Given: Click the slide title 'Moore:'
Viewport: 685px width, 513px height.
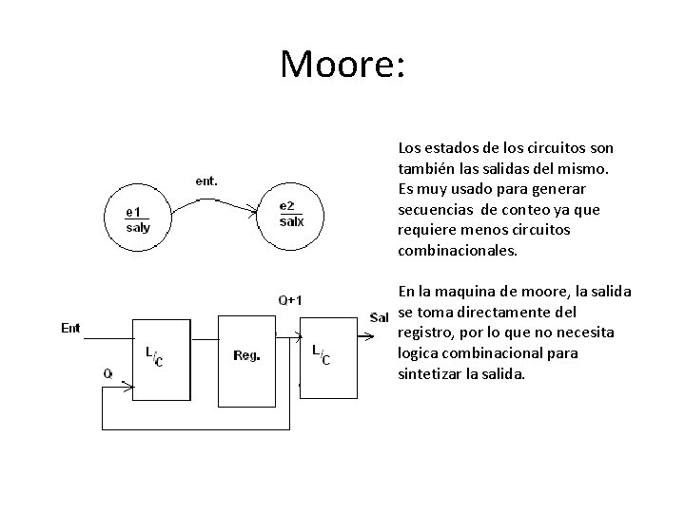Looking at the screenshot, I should pos(342,64).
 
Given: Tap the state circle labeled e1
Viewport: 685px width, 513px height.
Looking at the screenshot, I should pos(139,219).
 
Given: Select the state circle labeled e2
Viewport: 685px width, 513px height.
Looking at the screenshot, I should pos(291,215).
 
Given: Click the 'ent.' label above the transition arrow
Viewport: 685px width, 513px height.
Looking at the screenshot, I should pos(206,180).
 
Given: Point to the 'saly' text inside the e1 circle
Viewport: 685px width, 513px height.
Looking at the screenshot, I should pos(139,228).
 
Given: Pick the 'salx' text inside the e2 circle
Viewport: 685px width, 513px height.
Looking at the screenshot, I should pos(292,222).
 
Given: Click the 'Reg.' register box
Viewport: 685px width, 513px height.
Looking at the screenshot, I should pos(248,357).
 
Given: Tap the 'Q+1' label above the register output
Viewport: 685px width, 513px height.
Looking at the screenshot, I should pos(291,301).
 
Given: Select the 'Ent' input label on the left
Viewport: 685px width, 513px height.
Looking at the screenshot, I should pos(70,329).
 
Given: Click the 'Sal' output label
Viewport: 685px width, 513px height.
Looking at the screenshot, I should pos(379,316).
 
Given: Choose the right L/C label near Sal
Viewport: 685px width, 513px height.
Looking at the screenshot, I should pos(323,355).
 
